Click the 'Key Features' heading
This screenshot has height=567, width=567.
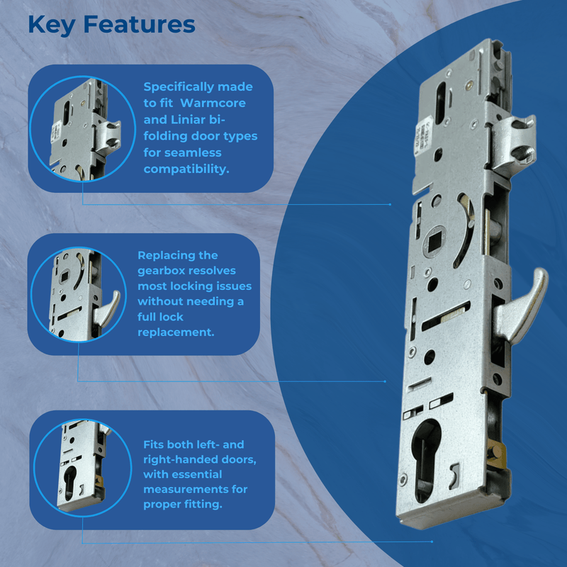point(111,24)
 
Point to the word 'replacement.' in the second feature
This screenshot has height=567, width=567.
point(176,332)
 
